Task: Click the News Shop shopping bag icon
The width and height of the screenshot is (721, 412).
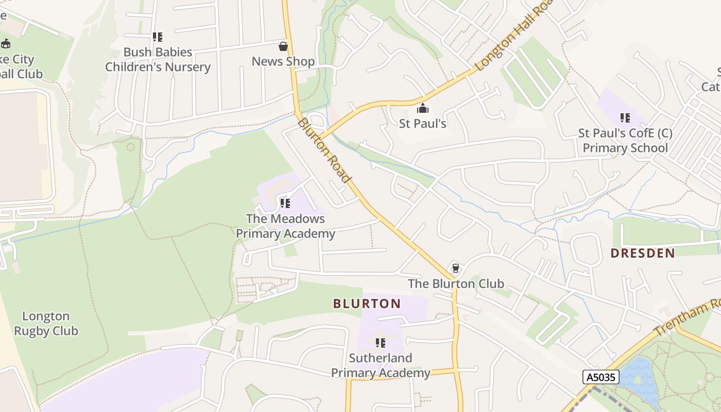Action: [x=283, y=46]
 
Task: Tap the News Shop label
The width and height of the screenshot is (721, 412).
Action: [x=283, y=61]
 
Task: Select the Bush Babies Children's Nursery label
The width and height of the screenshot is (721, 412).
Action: [x=158, y=60]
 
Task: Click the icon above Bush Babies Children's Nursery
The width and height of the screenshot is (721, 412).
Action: [x=158, y=37]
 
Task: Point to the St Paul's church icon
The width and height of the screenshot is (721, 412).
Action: [x=423, y=109]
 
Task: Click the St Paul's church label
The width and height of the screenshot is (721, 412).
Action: [x=423, y=124]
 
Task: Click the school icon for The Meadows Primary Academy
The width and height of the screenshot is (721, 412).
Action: [x=285, y=203]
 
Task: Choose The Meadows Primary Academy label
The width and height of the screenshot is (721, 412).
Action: [x=285, y=226]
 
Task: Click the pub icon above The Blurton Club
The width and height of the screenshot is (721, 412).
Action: [x=455, y=268]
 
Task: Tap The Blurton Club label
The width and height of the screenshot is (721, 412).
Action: [x=456, y=284]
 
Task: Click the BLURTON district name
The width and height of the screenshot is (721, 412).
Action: [x=367, y=304]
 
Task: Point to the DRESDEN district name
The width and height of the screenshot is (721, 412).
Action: [x=643, y=253]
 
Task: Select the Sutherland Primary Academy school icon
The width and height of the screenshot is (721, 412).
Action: [x=381, y=343]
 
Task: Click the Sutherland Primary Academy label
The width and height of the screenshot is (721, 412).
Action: [x=381, y=365]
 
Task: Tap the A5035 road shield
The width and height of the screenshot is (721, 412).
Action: [x=600, y=377]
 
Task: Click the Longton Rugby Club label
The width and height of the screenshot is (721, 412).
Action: [x=46, y=323]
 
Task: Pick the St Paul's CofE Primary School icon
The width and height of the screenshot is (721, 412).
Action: [x=625, y=118]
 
